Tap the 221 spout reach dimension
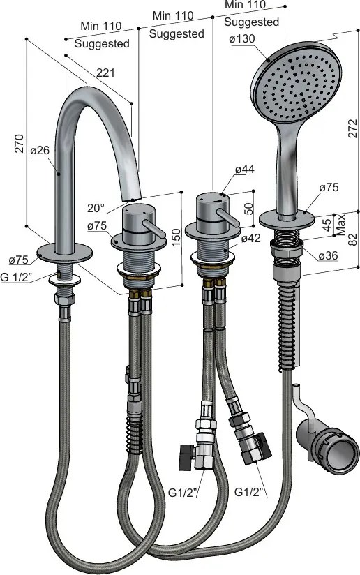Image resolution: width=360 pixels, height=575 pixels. point(105,73)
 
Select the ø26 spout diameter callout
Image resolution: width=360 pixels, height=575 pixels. point(40,150)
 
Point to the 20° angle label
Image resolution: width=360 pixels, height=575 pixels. point(96,208)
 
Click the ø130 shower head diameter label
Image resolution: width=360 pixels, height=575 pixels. point(241,38)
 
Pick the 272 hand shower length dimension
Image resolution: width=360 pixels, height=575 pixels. point(352,128)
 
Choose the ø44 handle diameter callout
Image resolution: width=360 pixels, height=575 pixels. point(244,169)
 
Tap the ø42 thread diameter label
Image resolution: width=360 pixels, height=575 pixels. point(251,239)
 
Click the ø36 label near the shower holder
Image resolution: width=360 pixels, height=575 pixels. point(328,255)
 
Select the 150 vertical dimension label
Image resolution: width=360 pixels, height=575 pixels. point(176,238)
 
